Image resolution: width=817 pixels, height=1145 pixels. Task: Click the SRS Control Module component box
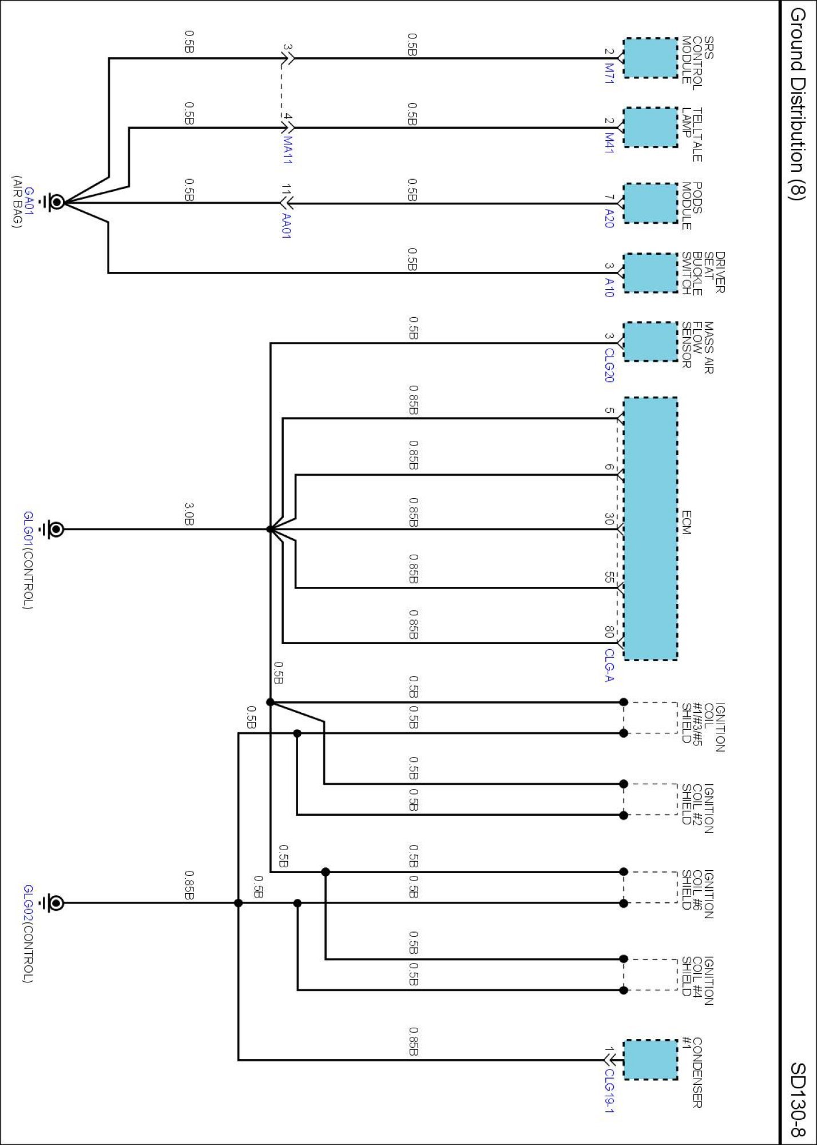coord(650,58)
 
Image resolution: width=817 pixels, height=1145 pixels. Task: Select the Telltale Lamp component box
coord(650,127)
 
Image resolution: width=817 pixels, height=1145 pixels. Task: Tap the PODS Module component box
coord(650,203)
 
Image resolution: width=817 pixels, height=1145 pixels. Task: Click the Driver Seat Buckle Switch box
coord(650,273)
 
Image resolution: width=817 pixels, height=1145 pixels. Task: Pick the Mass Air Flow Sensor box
coord(650,342)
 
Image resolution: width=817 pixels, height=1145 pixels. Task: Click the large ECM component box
coord(650,528)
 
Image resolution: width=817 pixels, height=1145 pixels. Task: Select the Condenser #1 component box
coord(650,1060)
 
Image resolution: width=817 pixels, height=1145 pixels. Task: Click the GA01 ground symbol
coord(55,202)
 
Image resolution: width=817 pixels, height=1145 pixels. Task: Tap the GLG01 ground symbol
coord(55,529)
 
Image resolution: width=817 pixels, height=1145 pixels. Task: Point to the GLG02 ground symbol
coord(55,903)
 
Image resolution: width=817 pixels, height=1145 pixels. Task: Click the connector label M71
coord(609,74)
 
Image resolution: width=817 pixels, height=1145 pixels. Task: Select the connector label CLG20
coord(609,365)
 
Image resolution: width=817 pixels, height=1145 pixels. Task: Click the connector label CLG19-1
coord(609,1091)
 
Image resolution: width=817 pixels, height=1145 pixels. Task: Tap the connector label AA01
coord(287,226)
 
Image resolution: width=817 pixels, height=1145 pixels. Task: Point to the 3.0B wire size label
coord(189,514)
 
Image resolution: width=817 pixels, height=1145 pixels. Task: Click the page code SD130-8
coord(798,1099)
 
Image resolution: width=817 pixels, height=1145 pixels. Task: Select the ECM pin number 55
coord(609,578)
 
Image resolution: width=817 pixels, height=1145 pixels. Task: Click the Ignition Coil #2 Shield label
coord(697,808)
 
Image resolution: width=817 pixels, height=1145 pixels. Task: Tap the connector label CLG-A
coord(609,665)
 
